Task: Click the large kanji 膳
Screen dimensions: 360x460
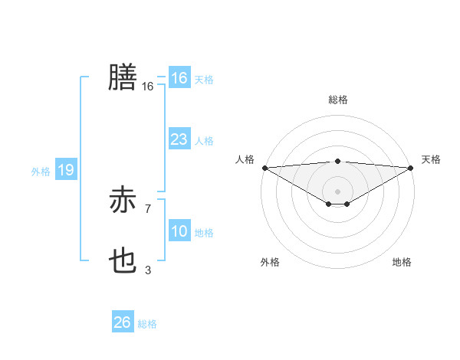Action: [123, 77]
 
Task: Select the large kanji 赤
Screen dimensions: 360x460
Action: [123, 201]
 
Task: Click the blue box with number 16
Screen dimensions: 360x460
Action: [179, 78]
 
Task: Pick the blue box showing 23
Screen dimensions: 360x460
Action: [179, 139]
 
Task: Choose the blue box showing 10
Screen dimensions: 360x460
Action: [179, 232]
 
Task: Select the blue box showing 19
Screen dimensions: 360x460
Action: [66, 170]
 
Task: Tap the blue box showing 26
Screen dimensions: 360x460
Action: [122, 322]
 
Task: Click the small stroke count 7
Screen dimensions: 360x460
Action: [147, 208]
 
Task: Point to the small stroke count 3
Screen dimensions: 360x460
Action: [147, 270]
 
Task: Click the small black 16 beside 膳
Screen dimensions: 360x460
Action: [147, 87]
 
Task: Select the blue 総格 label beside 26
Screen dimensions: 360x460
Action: [147, 324]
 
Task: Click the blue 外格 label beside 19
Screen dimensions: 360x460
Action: [41, 172]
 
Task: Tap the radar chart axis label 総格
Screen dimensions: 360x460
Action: [337, 100]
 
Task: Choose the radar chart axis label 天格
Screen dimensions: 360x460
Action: [431, 159]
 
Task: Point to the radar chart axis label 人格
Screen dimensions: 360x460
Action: [245, 159]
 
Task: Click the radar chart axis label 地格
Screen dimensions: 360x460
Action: [402, 262]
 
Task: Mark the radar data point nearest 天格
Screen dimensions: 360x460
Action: [410, 168]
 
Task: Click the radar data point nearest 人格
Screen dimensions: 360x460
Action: [264, 168]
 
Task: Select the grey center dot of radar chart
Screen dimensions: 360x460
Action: [337, 191]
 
